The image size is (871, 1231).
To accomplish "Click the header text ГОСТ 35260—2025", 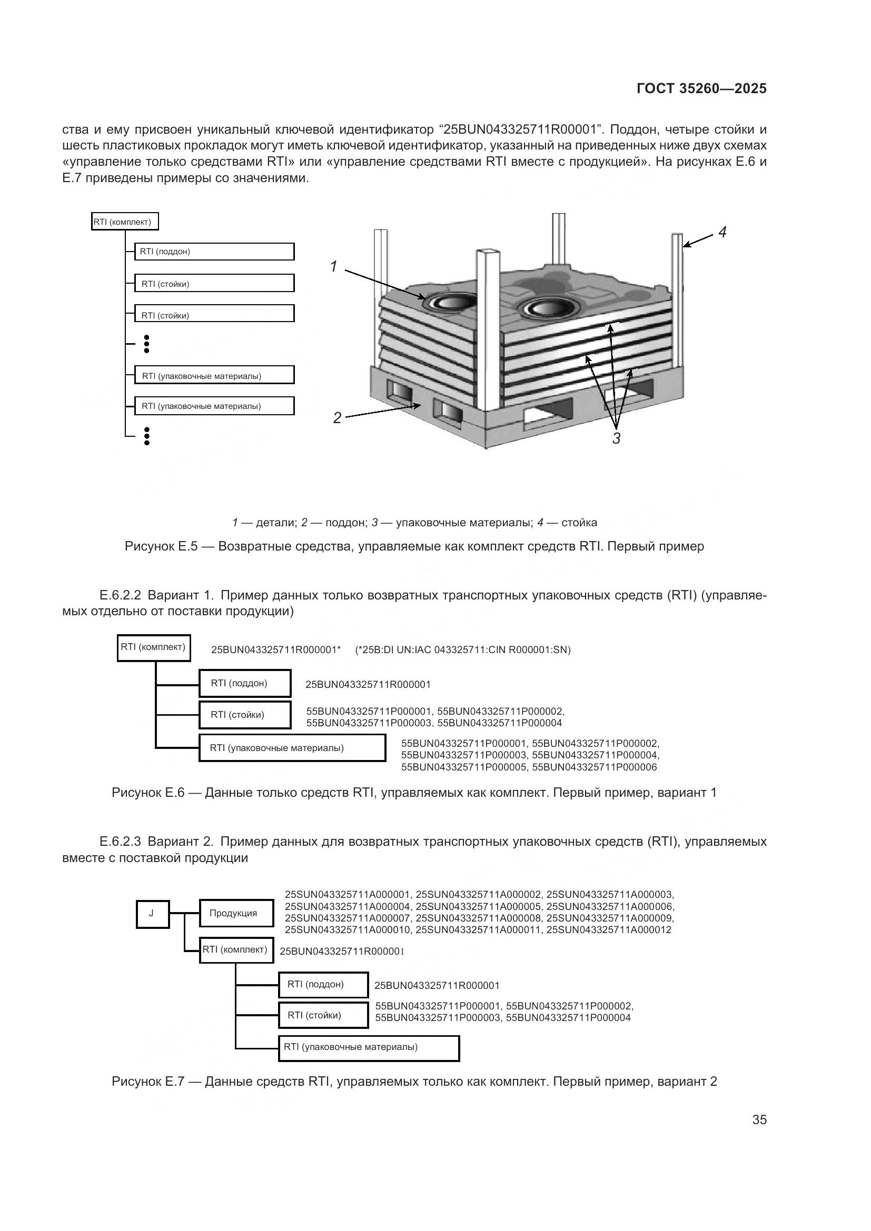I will [701, 89].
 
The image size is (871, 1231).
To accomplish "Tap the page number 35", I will [759, 1119].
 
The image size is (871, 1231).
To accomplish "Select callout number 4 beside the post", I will [722, 232].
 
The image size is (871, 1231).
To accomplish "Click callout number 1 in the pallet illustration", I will [333, 266].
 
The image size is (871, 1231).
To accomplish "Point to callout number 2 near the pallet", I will [337, 418].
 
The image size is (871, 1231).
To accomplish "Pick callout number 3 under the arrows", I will [616, 438].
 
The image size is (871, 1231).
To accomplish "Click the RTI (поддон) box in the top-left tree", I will [214, 252].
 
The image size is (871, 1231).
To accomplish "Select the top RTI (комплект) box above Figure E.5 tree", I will [125, 222].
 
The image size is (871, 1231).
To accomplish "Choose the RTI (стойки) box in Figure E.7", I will [323, 1015].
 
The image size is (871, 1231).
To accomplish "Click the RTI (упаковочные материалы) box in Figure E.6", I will [292, 748].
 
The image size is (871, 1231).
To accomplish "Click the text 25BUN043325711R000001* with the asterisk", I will [275, 650].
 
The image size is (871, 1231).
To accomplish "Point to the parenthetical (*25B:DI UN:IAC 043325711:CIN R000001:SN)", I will [463, 650].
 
